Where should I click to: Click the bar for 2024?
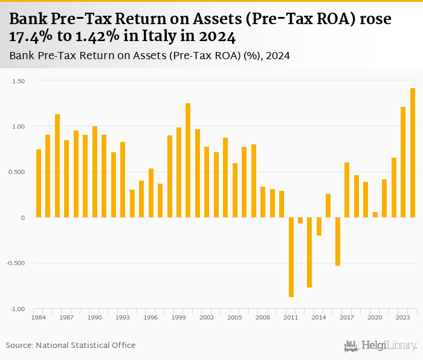[413, 153]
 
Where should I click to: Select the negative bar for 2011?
[291, 257]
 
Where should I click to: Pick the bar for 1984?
[39, 183]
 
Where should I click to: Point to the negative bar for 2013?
[309, 252]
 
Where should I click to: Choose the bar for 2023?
[403, 162]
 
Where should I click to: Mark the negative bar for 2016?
[338, 241]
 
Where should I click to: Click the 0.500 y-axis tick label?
[16, 172]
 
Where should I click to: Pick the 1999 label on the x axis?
[178, 317]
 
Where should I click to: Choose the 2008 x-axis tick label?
[263, 317]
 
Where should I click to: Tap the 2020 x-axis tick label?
[375, 317]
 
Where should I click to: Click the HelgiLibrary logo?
[381, 346]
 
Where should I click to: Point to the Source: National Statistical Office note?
[71, 345]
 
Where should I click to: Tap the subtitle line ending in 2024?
[150, 56]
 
